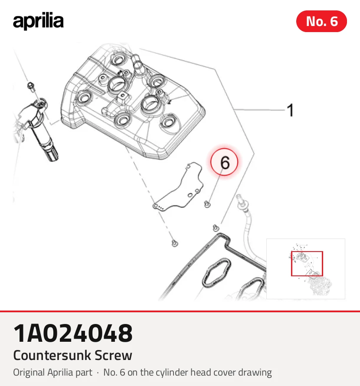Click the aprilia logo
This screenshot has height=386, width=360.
38,21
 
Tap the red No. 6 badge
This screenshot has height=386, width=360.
321,21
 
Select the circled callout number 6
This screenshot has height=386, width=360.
224,162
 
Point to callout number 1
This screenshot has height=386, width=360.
291,110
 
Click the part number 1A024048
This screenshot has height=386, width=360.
73,333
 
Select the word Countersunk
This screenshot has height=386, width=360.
52,355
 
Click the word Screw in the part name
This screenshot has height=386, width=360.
114,355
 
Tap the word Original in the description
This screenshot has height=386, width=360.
29,373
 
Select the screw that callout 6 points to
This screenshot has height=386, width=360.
207,204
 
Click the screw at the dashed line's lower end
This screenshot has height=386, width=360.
175,243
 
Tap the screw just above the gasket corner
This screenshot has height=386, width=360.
216,228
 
